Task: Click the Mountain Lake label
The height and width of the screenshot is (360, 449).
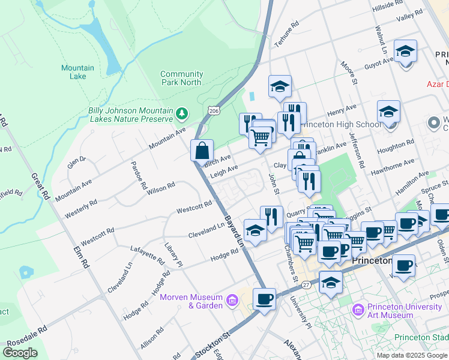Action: point(77,72)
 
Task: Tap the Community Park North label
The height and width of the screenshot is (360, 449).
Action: point(181,78)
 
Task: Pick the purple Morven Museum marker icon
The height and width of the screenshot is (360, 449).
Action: point(233,299)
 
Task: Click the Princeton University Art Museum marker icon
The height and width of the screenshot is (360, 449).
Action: point(358,310)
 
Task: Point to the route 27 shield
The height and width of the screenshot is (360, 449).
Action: point(307,285)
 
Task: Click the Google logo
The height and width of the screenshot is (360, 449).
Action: point(20,352)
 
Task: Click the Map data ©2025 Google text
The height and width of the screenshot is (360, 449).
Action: point(411,355)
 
